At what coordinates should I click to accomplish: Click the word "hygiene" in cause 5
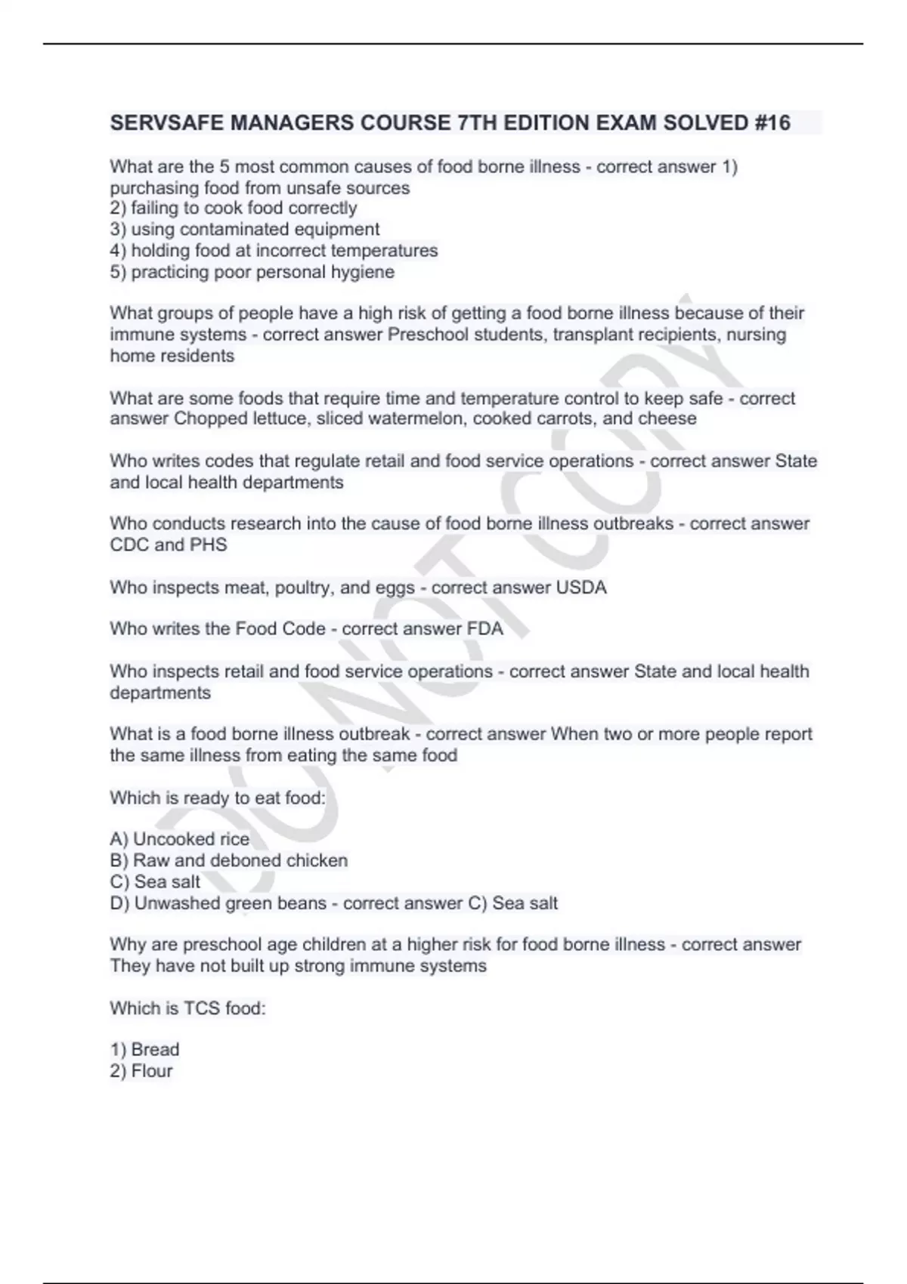click(x=363, y=272)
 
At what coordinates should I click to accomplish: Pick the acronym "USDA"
click(x=581, y=587)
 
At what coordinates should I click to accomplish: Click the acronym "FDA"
click(x=485, y=628)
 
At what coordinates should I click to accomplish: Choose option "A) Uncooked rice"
click(x=180, y=839)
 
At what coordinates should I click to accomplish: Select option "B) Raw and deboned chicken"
click(x=229, y=860)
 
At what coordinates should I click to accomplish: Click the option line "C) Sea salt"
click(x=156, y=881)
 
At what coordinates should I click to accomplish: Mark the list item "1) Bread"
click(x=145, y=1049)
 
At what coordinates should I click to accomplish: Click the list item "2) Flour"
click(x=141, y=1070)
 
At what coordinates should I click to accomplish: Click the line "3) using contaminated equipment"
click(x=245, y=229)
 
